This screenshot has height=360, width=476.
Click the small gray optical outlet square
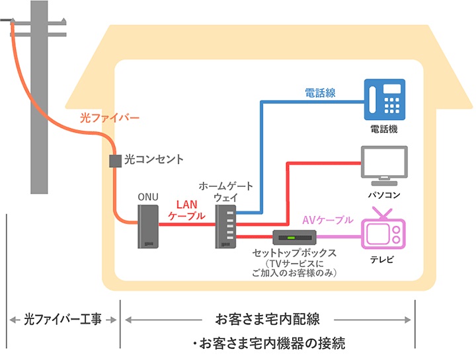point(114,160)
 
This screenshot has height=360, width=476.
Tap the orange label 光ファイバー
point(109,118)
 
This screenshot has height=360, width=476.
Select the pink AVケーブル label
point(327,219)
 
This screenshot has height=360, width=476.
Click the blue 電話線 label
point(320,93)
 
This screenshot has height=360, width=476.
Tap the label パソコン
point(384,196)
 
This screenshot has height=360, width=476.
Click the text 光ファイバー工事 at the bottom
point(63,320)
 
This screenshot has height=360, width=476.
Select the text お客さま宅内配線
point(268,320)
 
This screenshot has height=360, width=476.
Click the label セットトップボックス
point(295,253)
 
